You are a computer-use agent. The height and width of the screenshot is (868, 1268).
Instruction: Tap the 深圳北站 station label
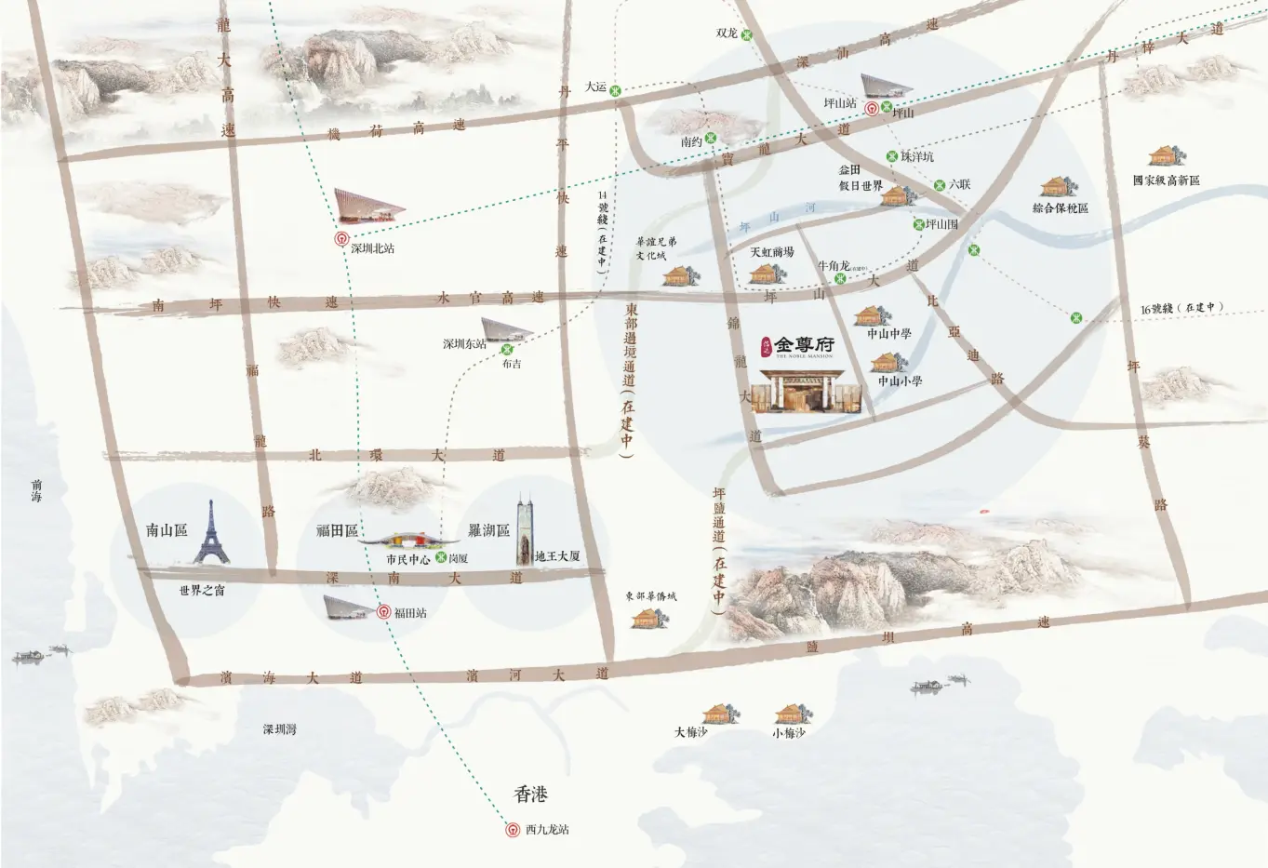[x=366, y=249]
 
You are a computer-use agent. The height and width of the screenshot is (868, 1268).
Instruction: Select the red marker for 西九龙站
[x=511, y=830]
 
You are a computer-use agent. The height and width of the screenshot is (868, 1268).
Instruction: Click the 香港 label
[x=531, y=795]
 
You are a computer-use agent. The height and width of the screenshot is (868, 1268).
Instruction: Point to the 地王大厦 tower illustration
[x=526, y=530]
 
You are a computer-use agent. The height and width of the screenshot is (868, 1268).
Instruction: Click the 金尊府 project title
[x=804, y=345]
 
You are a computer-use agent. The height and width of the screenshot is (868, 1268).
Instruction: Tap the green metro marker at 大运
[x=615, y=89]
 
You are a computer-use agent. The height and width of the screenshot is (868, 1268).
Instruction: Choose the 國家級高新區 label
[x=1166, y=180]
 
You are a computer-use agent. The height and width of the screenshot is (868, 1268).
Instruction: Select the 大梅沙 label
[x=691, y=733]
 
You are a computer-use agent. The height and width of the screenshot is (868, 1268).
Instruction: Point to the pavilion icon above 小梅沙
[x=791, y=714]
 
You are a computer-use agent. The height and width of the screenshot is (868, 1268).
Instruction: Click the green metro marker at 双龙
[x=746, y=34]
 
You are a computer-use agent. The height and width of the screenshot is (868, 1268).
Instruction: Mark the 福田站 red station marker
[x=383, y=612]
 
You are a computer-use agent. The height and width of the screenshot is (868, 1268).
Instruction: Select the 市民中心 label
[x=407, y=560]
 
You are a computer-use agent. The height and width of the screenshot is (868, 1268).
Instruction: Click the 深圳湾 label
[x=279, y=730]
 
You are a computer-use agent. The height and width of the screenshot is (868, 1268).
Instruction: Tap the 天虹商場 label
[x=772, y=252]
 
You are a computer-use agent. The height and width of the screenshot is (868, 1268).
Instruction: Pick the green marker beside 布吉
[x=507, y=350]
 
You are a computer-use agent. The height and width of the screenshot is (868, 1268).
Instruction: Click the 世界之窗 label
[x=202, y=591]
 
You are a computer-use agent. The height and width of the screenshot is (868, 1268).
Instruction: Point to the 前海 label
[x=37, y=490]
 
